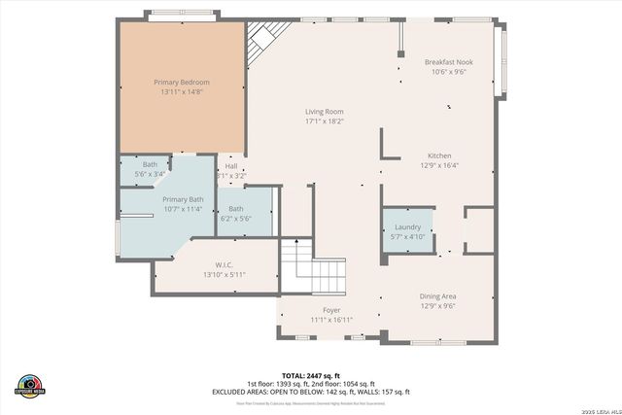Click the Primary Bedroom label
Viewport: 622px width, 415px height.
pos(182,83)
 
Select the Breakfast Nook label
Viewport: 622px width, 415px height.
pos(448,62)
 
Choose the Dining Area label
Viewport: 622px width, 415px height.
pos(437,295)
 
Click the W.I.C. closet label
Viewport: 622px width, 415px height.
pos(224,264)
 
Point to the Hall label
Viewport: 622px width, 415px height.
pos(231,166)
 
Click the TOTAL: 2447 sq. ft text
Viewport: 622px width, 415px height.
pos(310,375)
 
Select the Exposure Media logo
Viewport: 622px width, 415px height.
pos(30,385)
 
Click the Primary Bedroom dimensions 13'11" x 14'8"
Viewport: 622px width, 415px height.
pos(182,93)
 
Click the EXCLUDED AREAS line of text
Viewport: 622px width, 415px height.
pos(310,392)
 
